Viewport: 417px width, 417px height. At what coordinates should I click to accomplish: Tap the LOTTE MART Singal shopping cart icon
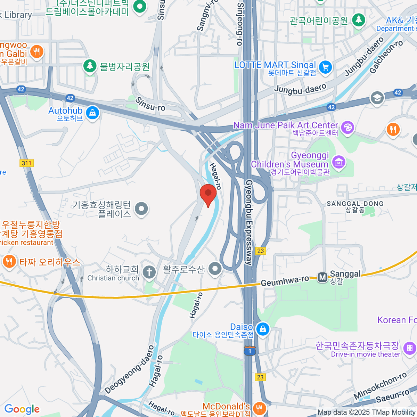click(x=325, y=67)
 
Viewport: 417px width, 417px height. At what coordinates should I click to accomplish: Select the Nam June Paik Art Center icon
click(x=347, y=128)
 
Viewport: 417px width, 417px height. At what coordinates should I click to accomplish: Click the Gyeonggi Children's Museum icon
click(x=338, y=162)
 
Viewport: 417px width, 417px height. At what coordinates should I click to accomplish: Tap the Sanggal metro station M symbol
click(x=322, y=277)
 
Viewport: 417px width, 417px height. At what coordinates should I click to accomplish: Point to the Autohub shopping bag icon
click(x=92, y=113)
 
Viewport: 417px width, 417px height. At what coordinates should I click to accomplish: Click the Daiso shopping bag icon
click(x=263, y=329)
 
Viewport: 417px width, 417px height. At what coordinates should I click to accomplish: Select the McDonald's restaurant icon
click(x=259, y=408)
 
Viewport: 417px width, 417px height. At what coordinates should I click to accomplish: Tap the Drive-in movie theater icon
click(x=410, y=347)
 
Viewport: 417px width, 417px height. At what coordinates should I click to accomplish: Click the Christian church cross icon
click(x=149, y=272)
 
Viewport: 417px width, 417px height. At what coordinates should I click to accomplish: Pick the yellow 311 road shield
click(x=26, y=163)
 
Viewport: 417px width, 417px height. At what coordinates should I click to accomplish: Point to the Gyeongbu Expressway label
click(x=249, y=222)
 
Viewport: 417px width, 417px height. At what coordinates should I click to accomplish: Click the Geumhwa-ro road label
click(x=285, y=281)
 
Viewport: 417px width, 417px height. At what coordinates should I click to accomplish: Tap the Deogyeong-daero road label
click(x=129, y=370)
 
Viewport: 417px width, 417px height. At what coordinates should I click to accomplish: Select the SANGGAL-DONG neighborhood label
click(x=355, y=204)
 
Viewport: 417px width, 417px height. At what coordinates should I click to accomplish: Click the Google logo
click(x=22, y=409)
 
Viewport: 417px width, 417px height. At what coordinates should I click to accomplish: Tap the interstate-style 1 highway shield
click(x=250, y=351)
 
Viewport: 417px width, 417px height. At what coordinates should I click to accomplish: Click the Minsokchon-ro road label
click(x=380, y=385)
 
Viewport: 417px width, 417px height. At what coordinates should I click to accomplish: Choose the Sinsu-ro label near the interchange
click(x=150, y=104)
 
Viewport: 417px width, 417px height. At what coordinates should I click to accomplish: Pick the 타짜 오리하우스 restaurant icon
click(x=9, y=261)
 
